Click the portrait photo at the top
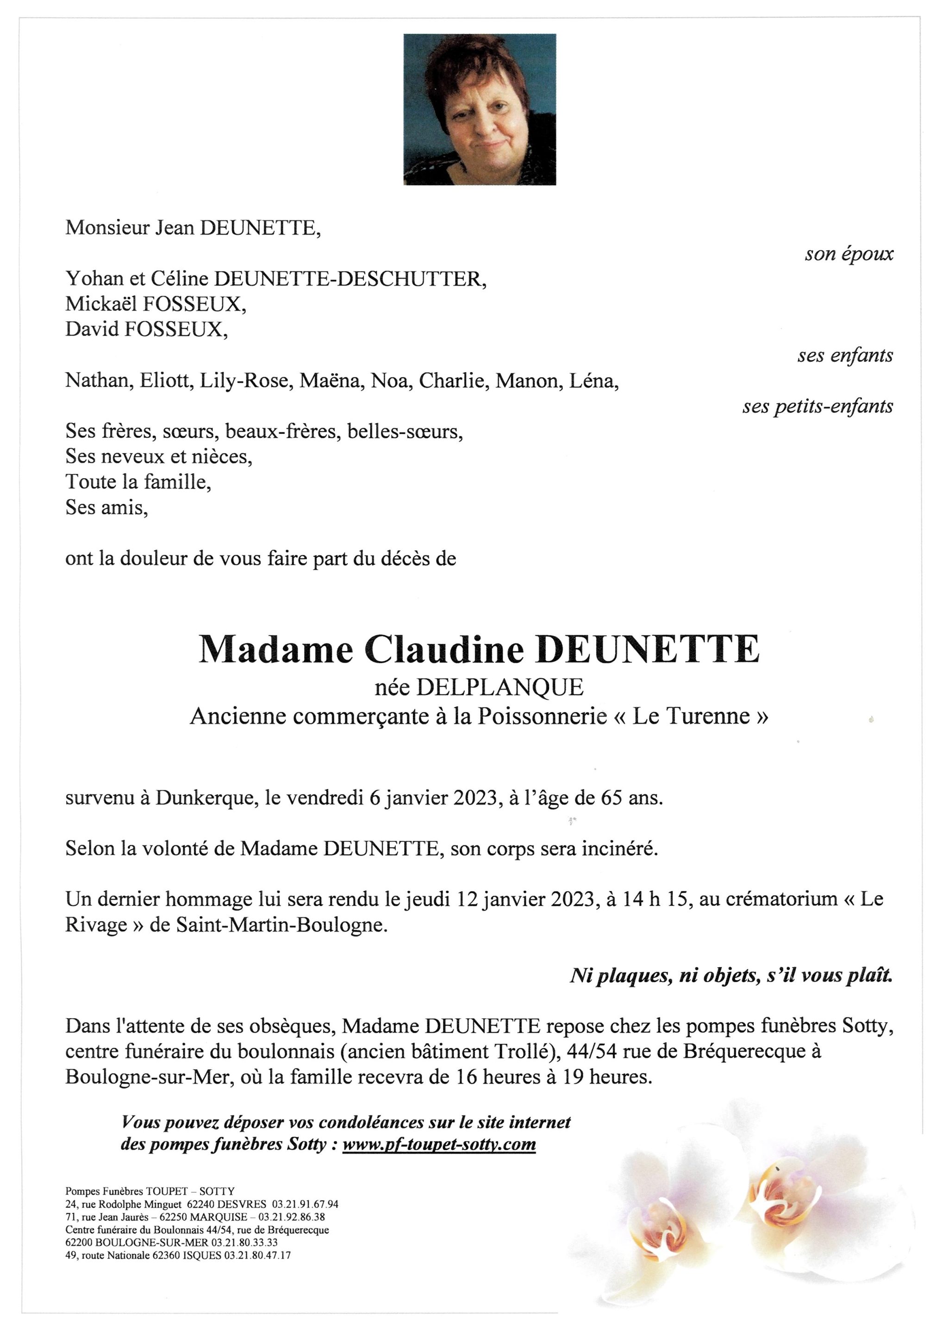pyautogui.click(x=480, y=109)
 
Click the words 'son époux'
pyautogui.click(x=849, y=254)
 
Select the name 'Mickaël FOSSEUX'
pyautogui.click(x=156, y=304)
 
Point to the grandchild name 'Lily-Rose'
pyautogui.click(x=246, y=381)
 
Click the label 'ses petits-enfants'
pyautogui.click(x=817, y=406)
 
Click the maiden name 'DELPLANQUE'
pyautogui.click(x=500, y=687)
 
